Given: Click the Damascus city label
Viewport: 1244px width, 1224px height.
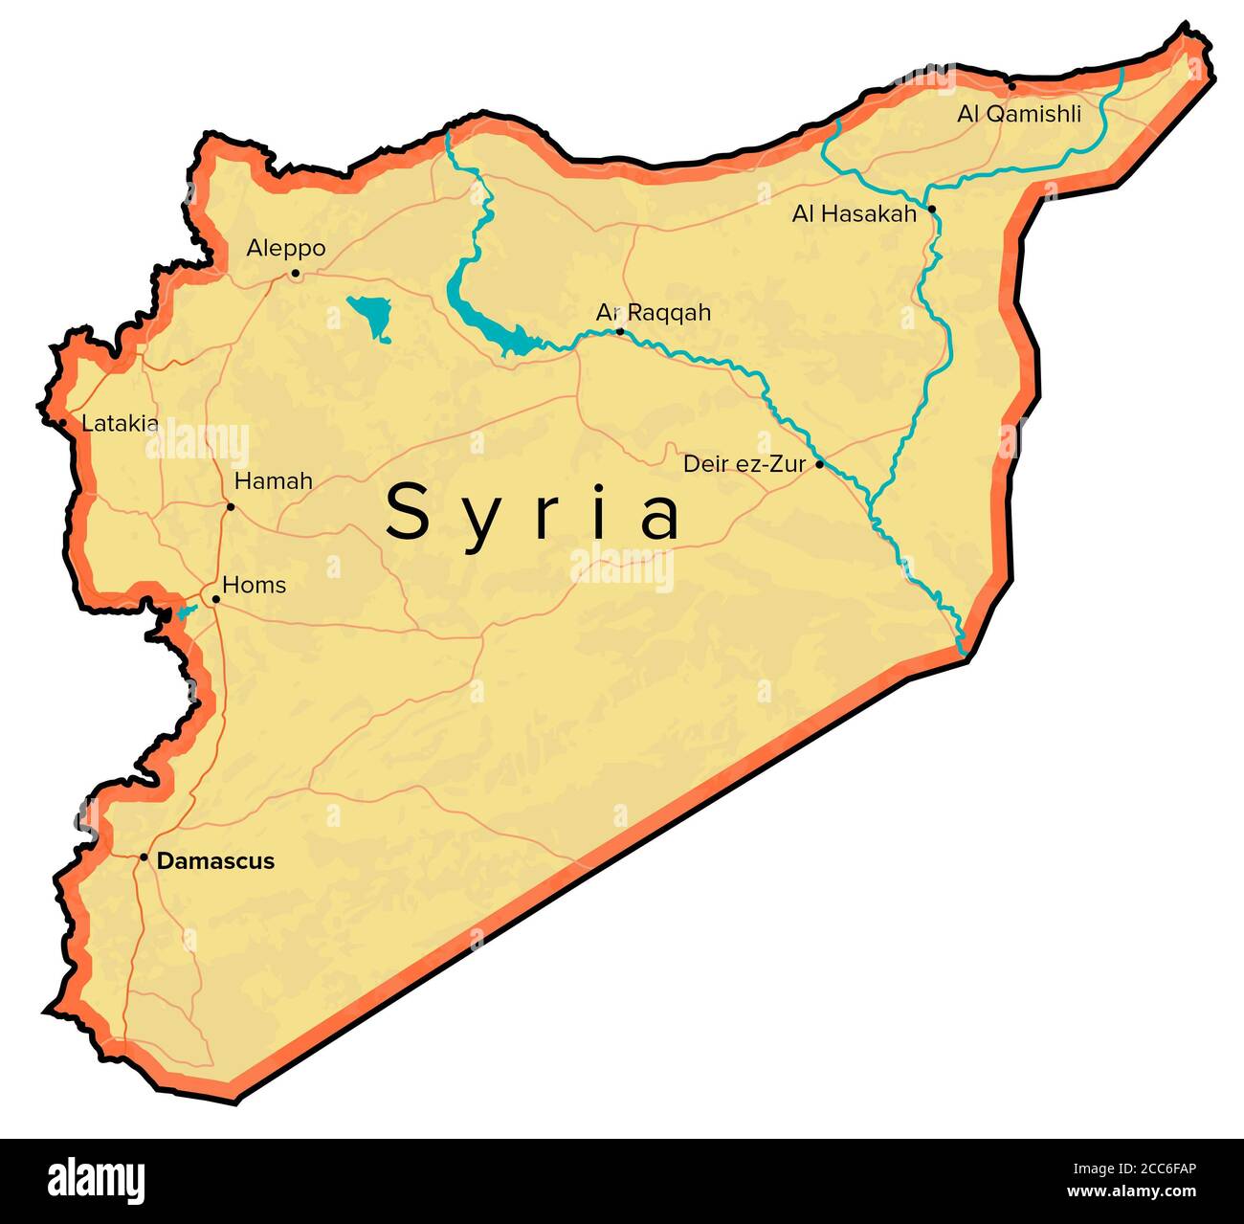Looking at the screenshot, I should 215,860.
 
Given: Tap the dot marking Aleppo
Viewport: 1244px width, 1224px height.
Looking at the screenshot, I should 295,274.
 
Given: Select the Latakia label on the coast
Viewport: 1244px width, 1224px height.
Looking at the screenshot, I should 120,423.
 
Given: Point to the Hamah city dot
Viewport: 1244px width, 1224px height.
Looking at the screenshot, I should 230,506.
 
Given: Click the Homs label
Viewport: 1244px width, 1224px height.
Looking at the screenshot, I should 254,585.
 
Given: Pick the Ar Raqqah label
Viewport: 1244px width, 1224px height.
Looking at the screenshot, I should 654,312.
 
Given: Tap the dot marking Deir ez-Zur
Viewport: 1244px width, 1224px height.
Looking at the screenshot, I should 819,464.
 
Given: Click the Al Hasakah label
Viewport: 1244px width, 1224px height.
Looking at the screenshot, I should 854,213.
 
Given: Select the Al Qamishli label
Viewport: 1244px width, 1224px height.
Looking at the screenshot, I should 1019,114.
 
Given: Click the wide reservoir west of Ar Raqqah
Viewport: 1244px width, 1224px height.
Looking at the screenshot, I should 488,321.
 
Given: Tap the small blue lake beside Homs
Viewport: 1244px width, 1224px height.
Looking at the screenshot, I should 184,612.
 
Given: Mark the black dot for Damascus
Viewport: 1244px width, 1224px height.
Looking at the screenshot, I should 144,857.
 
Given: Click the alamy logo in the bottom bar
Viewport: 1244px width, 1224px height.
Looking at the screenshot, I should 96,1180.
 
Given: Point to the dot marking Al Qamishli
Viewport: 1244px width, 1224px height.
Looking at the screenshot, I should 1011,86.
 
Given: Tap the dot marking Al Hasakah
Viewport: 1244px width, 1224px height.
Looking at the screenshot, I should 931,209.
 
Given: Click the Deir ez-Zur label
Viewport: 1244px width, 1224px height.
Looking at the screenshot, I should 744,464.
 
